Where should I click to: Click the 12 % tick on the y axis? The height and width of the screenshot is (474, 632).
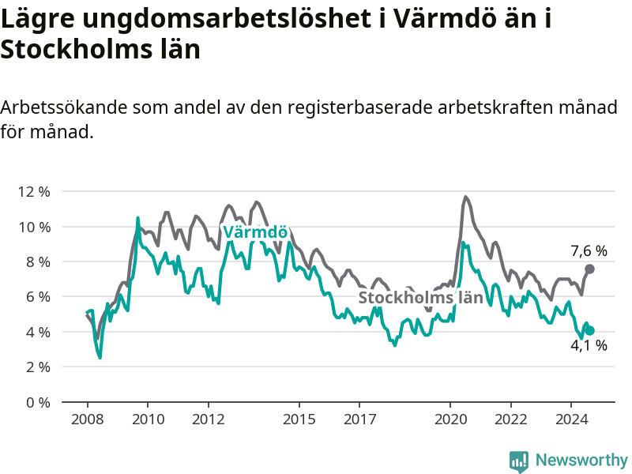point(34,192)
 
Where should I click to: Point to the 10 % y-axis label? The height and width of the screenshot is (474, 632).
point(34,227)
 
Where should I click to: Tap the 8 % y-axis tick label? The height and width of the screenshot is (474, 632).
point(37,261)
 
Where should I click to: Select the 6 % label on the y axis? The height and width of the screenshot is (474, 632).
point(37,297)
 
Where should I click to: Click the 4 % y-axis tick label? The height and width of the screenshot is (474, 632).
point(37,332)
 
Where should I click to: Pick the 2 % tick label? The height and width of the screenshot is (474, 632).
point(37,367)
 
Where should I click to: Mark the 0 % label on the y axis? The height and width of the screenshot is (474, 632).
point(37,402)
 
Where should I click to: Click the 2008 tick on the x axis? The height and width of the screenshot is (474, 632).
point(87,419)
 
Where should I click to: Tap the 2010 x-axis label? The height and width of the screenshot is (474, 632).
point(148,419)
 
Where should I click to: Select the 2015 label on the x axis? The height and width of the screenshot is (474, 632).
point(299,419)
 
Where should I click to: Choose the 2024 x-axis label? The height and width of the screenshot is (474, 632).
point(571,419)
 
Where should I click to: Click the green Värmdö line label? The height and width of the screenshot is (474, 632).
point(254,232)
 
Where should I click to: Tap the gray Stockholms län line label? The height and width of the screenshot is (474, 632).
point(420,298)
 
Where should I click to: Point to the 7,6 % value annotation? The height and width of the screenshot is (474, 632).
point(589,251)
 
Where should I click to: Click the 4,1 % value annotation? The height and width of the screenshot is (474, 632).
point(589,345)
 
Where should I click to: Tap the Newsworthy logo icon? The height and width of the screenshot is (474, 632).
point(519,461)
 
